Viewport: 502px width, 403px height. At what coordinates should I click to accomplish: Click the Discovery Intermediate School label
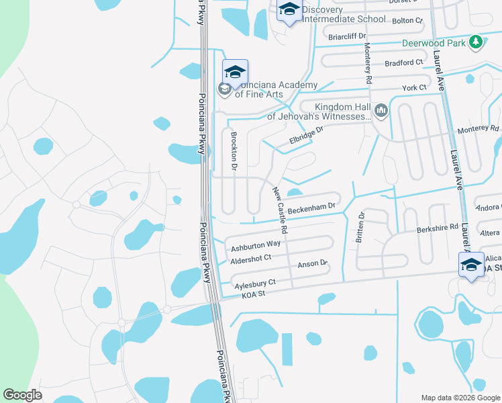[x=344, y=14]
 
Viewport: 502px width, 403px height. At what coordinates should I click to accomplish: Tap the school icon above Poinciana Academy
[x=235, y=71]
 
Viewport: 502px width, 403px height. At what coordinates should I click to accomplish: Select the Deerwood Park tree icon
[x=476, y=42]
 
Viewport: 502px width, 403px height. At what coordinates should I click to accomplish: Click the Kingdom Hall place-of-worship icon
[x=381, y=109]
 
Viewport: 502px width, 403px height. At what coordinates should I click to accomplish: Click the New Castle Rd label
[x=280, y=210]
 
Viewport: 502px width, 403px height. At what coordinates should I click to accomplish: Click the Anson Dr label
[x=311, y=264]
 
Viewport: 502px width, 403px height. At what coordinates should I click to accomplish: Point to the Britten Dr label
[x=360, y=226]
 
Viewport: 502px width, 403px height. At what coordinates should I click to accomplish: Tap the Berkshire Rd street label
[x=436, y=228]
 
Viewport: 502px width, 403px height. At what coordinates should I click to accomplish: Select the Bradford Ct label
[x=404, y=62]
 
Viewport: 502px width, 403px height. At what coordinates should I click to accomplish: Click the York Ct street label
[x=413, y=88]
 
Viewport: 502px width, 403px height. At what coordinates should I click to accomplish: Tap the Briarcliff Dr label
[x=347, y=36]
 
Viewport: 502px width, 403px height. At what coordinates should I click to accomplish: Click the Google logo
[x=22, y=394]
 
